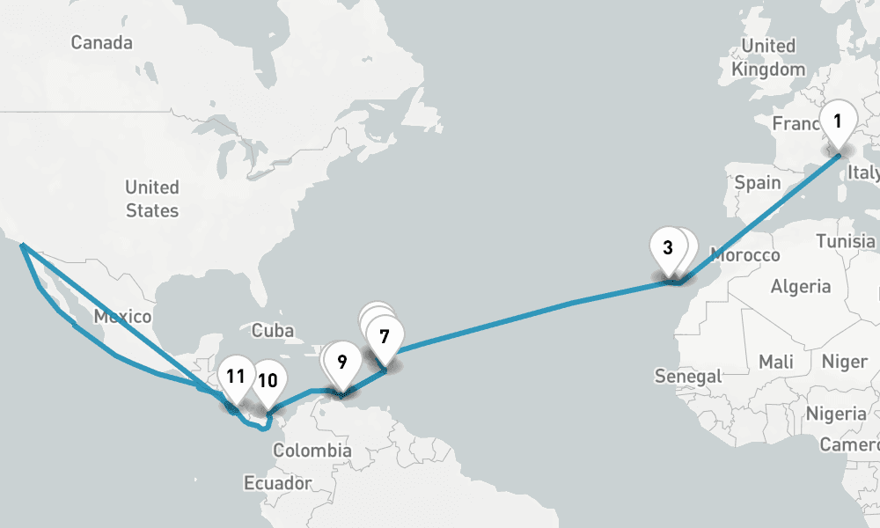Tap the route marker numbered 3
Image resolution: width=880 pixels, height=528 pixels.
[668, 247]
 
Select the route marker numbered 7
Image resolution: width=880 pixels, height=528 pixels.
[384, 336]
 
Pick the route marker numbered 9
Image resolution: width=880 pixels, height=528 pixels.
[341, 361]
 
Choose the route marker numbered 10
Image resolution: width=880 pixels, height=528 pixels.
[268, 381]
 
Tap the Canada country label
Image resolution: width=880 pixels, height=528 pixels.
[101, 42]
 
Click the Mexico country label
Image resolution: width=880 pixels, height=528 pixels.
[122, 317]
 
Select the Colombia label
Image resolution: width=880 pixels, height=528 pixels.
[312, 451]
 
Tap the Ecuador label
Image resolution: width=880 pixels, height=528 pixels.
[278, 483]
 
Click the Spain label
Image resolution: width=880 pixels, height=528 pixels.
[758, 183]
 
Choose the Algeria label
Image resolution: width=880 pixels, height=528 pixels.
[801, 286]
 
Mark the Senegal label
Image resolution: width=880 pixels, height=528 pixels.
[688, 377]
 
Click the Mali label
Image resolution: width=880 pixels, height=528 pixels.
[774, 362]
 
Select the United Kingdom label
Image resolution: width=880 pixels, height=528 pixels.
[768, 57]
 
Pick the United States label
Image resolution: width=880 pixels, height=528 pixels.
[151, 199]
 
